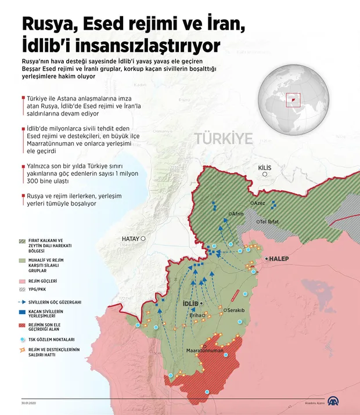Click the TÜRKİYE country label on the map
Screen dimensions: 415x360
point(224,139)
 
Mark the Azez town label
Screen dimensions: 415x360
point(259,203)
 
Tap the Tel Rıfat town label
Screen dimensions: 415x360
point(270,222)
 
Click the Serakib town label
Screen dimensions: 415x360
point(236,311)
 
